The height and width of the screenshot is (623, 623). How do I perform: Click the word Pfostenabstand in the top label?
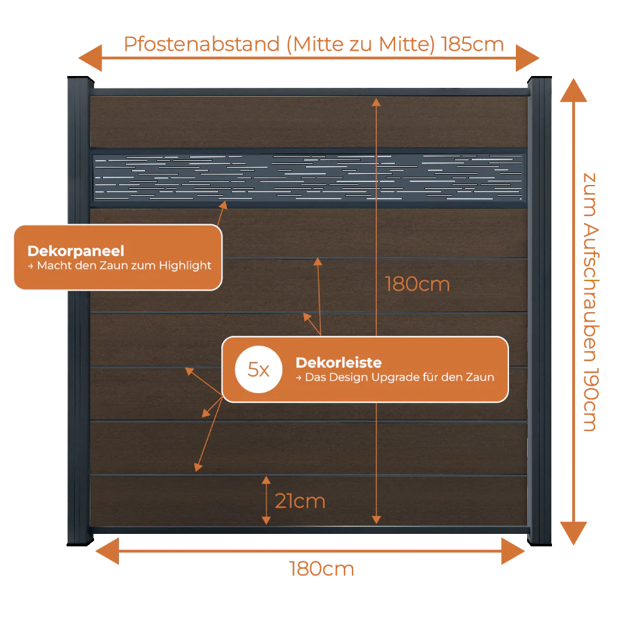[x=202, y=44]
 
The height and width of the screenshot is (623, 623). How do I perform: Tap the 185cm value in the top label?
[x=472, y=44]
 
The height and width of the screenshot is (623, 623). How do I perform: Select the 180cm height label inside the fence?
[x=417, y=284]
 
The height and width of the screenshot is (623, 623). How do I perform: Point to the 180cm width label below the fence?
[x=321, y=569]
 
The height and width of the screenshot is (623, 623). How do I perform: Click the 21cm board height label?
[x=300, y=501]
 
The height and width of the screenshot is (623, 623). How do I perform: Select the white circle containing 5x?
[x=259, y=369]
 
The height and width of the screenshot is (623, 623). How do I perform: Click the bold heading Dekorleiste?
[x=338, y=363]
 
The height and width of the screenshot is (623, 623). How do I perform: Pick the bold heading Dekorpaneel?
[x=76, y=251]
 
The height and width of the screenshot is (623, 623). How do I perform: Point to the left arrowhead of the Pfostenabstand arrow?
[x=90, y=58]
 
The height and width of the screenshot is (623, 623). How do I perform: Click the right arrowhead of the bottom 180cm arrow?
[x=513, y=551]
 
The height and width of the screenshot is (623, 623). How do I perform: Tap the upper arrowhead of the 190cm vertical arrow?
[x=573, y=90]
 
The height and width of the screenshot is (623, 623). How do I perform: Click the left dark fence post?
[x=79, y=311]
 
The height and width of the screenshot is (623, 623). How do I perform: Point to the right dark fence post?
[x=540, y=311]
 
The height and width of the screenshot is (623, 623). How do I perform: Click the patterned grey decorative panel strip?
[x=309, y=178]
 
